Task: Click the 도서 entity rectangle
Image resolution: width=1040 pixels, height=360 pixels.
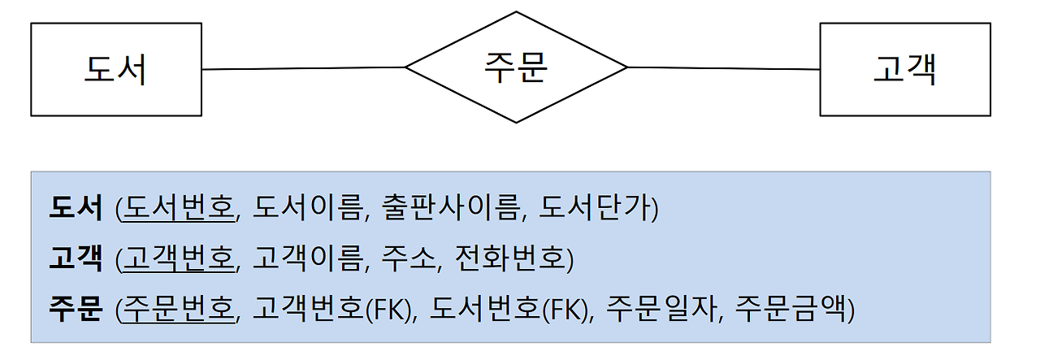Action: pos(115,70)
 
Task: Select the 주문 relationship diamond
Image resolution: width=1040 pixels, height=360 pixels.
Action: pos(516,67)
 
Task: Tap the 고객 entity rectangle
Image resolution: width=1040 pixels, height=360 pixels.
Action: pos(904,70)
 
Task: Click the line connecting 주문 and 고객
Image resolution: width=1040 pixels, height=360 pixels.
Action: pos(723,69)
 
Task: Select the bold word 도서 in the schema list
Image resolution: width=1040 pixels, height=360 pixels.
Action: pos(76,210)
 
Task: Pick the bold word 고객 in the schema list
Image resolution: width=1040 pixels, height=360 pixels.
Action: pos(76,259)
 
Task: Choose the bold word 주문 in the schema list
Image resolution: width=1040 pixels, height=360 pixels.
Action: pos(76,310)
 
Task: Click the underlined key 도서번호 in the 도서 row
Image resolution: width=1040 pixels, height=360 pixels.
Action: pos(178,210)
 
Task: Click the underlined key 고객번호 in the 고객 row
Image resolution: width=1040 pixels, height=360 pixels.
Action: pos(178,259)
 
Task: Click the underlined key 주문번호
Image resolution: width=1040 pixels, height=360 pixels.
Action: pos(178,310)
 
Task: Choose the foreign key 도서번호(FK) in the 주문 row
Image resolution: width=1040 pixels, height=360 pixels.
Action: pos(508,310)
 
